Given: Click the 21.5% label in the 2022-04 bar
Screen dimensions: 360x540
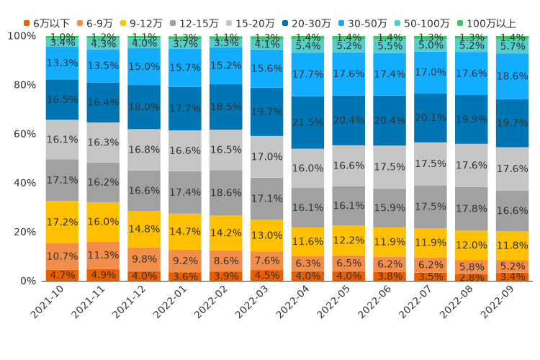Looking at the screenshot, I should pyautogui.click(x=308, y=122).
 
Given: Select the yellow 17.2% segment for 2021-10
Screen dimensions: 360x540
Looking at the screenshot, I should pyautogui.click(x=62, y=222).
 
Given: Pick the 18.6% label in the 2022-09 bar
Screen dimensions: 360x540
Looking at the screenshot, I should pyautogui.click(x=513, y=76).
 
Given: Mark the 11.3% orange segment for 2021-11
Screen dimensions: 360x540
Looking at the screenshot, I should pyautogui.click(x=103, y=255).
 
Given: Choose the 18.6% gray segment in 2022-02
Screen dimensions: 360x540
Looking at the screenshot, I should pyautogui.click(x=226, y=193).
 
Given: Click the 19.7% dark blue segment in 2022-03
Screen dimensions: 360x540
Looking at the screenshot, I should pyautogui.click(x=267, y=112).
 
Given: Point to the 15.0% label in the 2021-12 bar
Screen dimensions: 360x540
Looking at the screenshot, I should pyautogui.click(x=144, y=66).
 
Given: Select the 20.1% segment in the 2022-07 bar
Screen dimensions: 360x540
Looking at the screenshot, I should pyautogui.click(x=431, y=117).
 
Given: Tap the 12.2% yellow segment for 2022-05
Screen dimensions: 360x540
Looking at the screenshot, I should pyautogui.click(x=349, y=240).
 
